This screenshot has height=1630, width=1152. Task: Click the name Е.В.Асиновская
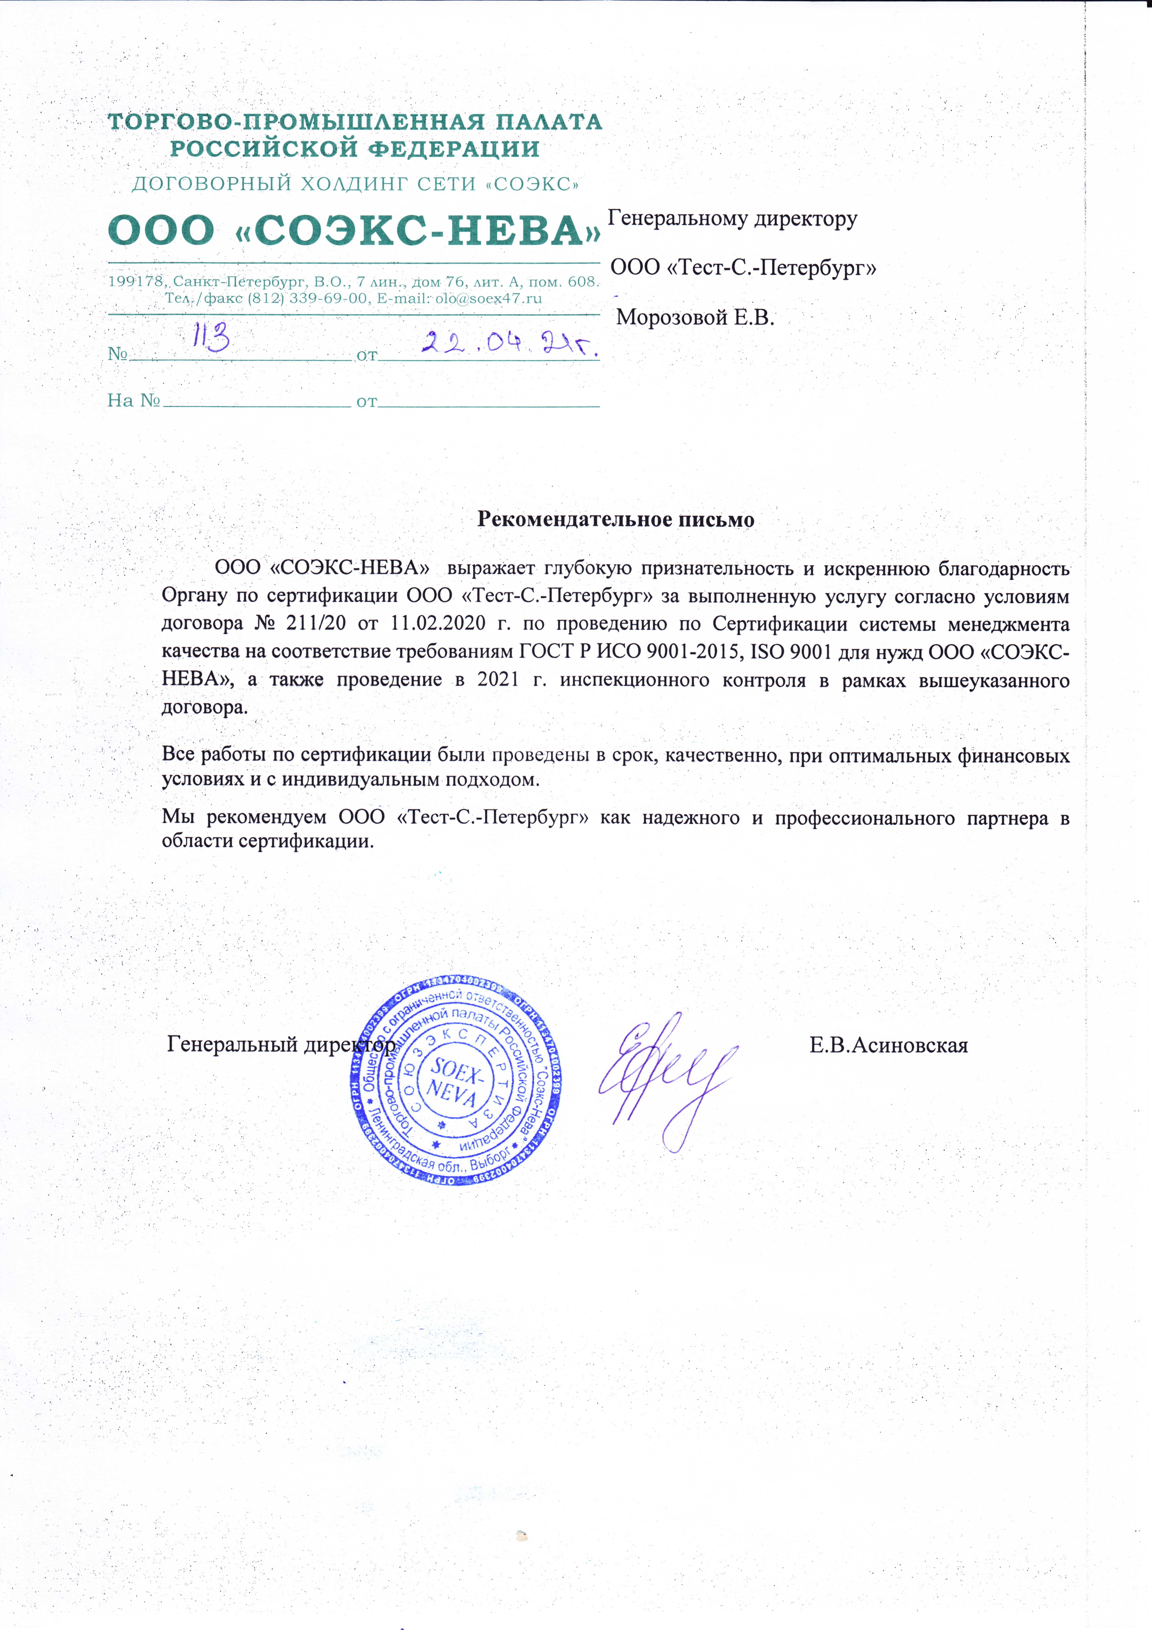pos(888,1045)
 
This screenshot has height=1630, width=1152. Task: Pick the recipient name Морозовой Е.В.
pos(695,317)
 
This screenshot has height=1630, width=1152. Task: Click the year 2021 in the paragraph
pos(497,679)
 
